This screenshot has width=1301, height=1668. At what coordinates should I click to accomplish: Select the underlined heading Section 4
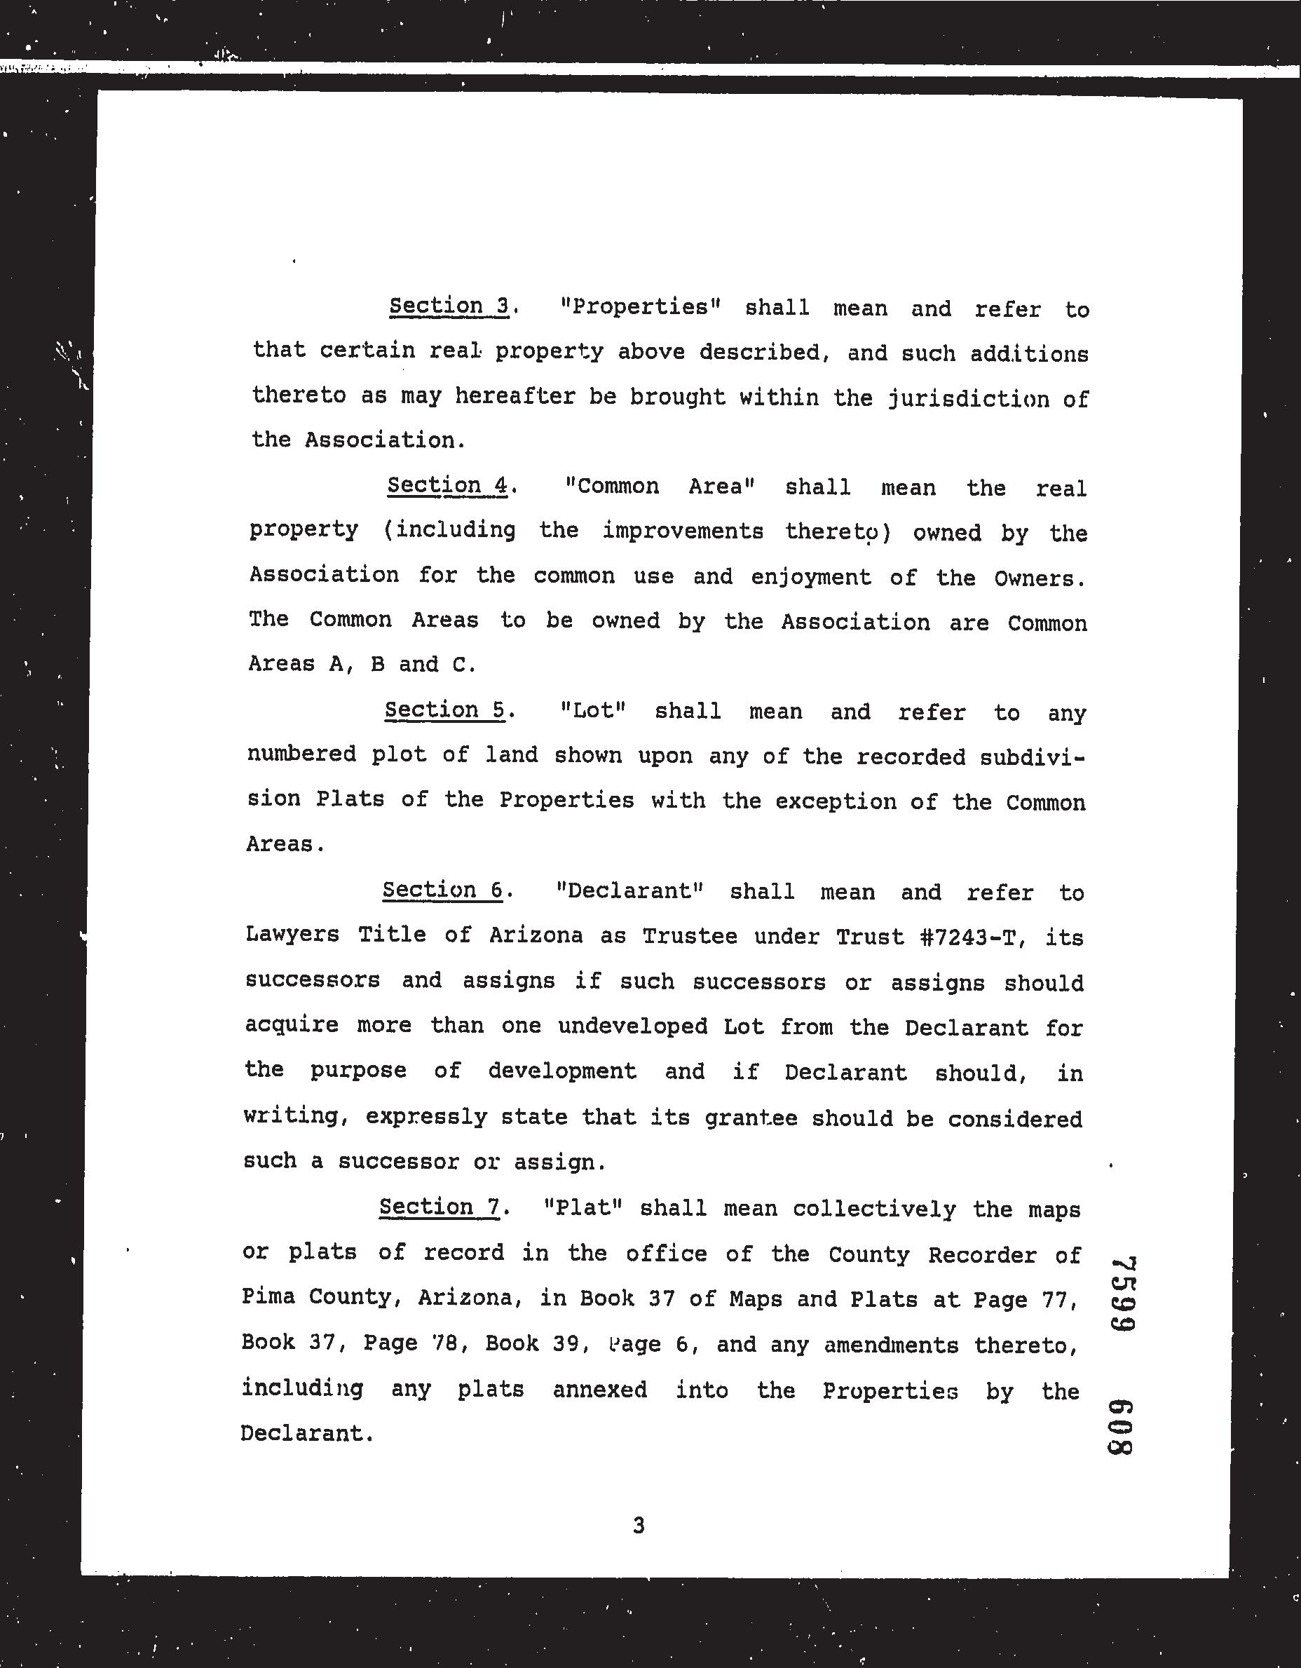(x=447, y=486)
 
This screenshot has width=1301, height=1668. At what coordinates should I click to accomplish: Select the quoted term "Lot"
(x=592, y=710)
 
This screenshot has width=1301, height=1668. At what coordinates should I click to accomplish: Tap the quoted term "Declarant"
(x=630, y=890)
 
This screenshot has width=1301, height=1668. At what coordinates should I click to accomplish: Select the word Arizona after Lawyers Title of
(x=536, y=935)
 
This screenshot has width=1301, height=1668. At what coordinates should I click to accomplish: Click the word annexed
(x=600, y=1389)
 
